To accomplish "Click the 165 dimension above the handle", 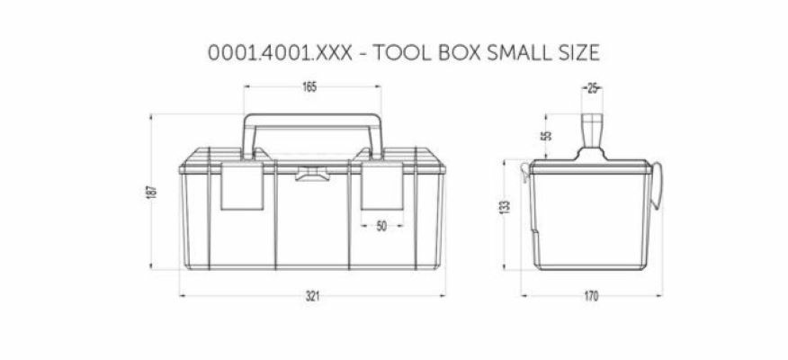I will pos(310,87).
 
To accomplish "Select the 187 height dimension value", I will pos(154,192).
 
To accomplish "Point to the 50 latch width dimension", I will pos(381,227).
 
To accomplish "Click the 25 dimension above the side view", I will pos(592,87).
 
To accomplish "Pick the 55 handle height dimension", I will pos(547,136).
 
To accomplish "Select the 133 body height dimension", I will pos(506,206).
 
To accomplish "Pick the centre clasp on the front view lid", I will pos(312,173).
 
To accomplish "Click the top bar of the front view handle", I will pos(312,117).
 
